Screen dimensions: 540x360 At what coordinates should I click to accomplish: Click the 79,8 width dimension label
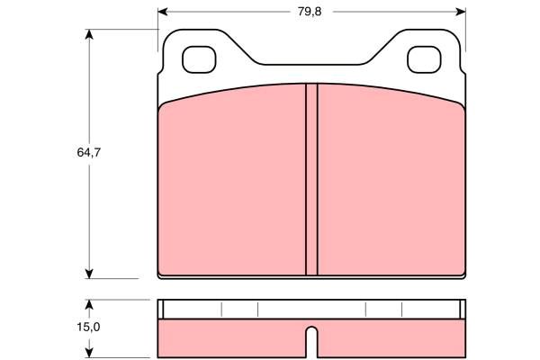pyautogui.click(x=310, y=12)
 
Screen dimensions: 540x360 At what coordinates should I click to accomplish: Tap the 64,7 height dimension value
pyautogui.click(x=89, y=152)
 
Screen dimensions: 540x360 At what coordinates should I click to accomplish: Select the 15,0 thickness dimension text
pyautogui.click(x=88, y=327)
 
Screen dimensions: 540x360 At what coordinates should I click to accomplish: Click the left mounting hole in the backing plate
pyautogui.click(x=199, y=59)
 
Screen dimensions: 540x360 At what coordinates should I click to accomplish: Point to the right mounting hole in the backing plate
pyautogui.click(x=424, y=59)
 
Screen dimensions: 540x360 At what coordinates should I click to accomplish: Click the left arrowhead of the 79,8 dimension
pyautogui.click(x=163, y=12)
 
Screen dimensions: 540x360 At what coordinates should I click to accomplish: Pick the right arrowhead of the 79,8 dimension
pyautogui.click(x=461, y=12)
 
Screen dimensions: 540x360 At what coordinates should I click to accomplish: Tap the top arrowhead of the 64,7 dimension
pyautogui.click(x=89, y=34)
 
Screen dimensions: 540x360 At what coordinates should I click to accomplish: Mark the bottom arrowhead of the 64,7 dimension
pyautogui.click(x=89, y=274)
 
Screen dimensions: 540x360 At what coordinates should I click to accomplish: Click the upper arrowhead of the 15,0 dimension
pyautogui.click(x=89, y=305)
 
